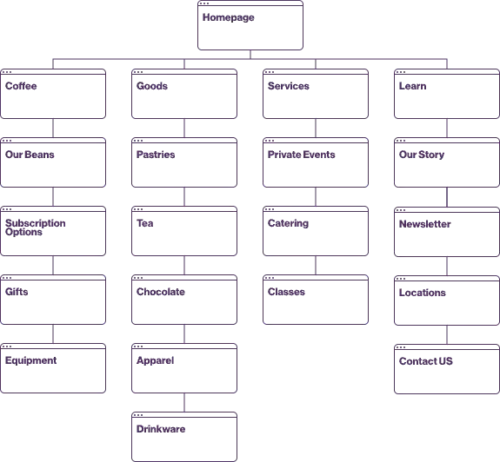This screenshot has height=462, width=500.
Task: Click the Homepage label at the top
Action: [229, 17]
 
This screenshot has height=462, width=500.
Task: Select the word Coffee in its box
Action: [21, 86]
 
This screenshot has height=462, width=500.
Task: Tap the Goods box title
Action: [152, 86]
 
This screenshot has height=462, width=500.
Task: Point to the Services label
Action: [289, 86]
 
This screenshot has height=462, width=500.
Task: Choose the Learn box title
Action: [413, 86]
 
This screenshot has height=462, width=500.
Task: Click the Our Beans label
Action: [30, 155]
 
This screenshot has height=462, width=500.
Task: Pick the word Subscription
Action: [36, 223]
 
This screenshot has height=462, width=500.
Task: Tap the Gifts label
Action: [17, 292]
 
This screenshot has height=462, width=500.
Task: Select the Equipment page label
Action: [31, 360]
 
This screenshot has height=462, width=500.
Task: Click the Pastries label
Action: [156, 155]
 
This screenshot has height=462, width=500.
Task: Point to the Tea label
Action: [144, 223]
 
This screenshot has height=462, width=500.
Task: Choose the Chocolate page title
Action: [161, 292]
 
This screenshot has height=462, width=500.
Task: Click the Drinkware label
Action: [161, 429]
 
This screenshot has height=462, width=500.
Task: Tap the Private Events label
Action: [302, 155]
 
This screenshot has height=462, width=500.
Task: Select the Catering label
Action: [289, 223]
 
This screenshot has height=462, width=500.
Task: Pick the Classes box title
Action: [286, 292]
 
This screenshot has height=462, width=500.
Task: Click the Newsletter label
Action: [424, 224]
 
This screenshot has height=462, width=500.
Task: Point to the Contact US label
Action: [426, 361]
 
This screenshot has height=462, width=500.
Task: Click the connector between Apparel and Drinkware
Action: [184, 402]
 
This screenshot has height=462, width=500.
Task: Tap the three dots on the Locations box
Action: [401, 279]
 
